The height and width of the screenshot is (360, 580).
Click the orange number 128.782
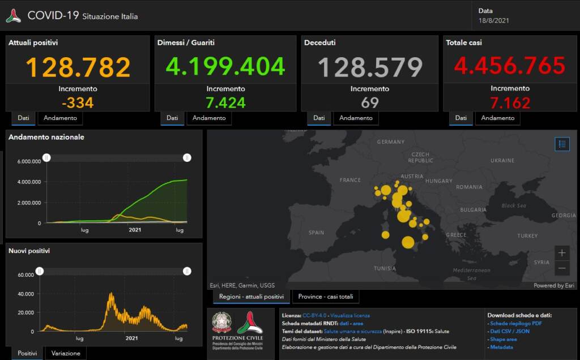click(x=78, y=67)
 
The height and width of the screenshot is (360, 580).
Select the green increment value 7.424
click(x=225, y=102)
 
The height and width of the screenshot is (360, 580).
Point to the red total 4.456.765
click(x=510, y=66)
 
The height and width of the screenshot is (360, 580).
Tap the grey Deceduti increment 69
click(x=369, y=102)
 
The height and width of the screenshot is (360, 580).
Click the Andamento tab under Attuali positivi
click(x=60, y=118)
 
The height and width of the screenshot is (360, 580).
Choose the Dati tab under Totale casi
click(x=460, y=118)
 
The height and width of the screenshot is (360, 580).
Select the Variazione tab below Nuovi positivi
click(x=66, y=353)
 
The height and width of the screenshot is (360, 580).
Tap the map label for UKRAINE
click(x=502, y=161)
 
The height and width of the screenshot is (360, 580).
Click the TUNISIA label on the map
click(x=385, y=268)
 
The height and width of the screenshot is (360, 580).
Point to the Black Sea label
click(x=513, y=205)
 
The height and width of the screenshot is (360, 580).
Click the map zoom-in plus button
click(x=562, y=253)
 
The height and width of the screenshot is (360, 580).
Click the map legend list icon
click(x=562, y=144)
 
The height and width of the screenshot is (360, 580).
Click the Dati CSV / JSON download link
click(x=510, y=331)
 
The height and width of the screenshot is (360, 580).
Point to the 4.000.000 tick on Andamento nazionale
click(x=29, y=182)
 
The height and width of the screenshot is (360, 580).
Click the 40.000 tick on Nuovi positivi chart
click(x=26, y=294)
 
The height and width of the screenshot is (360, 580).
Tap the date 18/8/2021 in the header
click(x=493, y=20)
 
